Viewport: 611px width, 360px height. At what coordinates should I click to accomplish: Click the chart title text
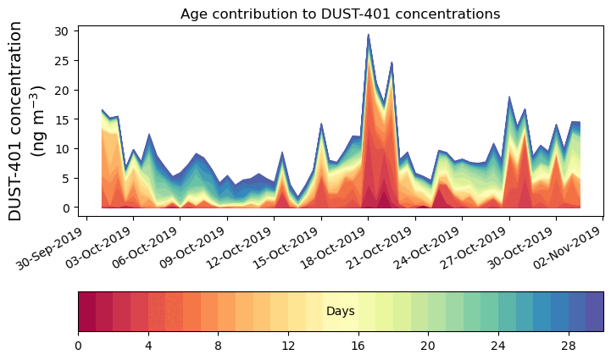coord(340,14)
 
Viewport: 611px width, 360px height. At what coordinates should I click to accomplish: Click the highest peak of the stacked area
coord(368,36)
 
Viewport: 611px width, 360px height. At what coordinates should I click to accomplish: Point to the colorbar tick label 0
coord(78,346)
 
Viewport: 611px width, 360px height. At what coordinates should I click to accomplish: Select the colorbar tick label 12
coord(288,346)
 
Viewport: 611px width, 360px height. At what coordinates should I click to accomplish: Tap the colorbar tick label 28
coord(568,346)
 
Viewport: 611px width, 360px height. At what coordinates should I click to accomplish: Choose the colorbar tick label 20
coord(428,346)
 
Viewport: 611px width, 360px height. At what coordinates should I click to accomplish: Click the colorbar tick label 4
coord(148,346)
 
